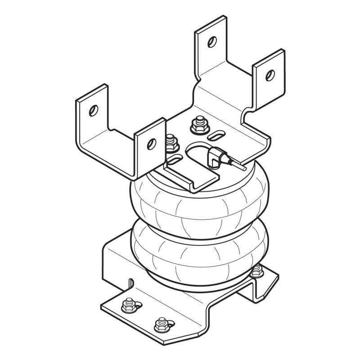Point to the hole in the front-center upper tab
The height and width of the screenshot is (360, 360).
click(x=151, y=143)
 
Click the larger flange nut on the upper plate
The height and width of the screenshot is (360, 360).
click(x=197, y=126)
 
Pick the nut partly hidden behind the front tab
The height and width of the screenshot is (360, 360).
click(x=171, y=143)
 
